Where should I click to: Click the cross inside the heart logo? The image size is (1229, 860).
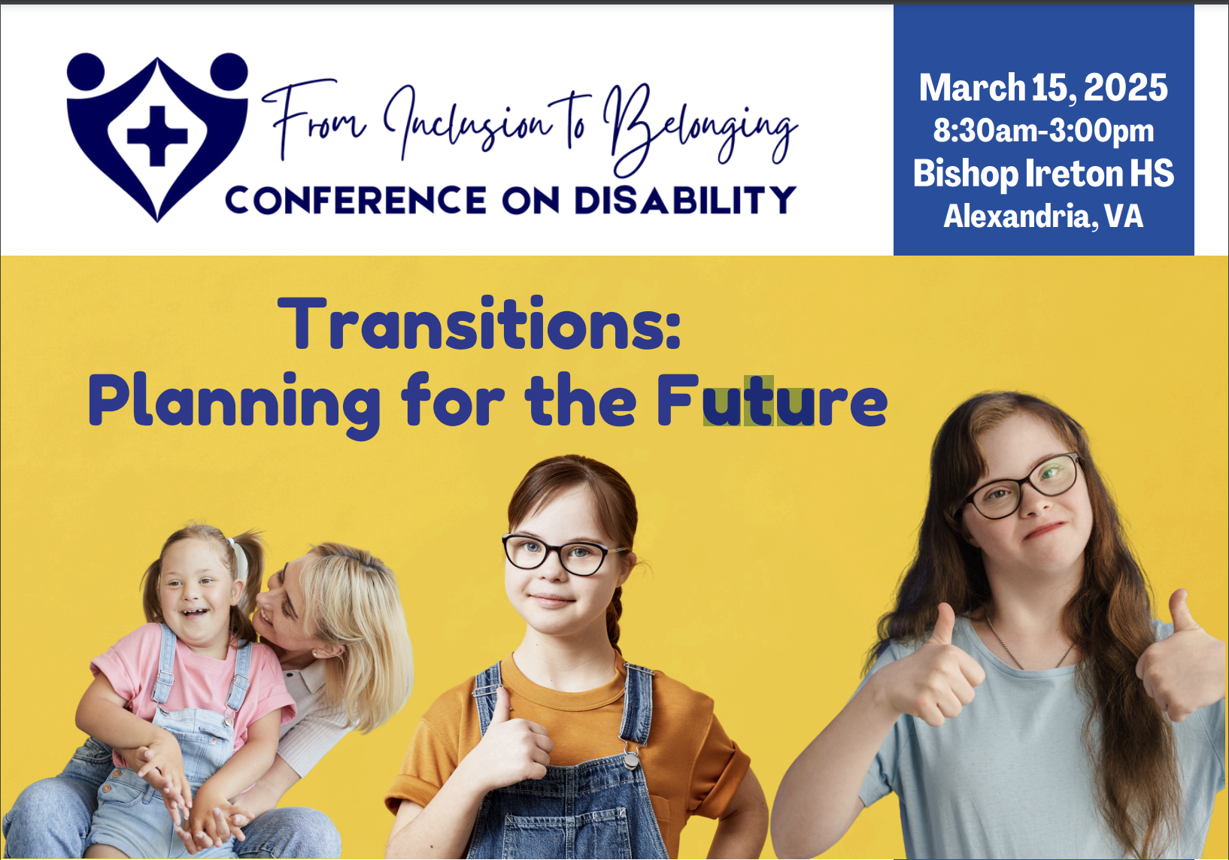pos(157,135)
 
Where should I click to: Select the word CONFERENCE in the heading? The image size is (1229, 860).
pos(356,200)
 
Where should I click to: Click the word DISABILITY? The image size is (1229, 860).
pos(685,200)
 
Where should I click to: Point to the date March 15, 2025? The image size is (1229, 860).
pos(1043,88)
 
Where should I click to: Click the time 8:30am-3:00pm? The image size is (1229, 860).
pos(1043,131)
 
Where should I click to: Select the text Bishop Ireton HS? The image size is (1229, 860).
pos(1043,174)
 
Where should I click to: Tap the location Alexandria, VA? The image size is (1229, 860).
pos(1043,216)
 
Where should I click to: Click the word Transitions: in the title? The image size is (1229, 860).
pos(480,322)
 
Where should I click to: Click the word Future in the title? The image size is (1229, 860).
pos(772,401)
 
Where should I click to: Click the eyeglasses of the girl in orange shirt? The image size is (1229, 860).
pos(564,554)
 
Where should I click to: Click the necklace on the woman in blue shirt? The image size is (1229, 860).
pos(1026,644)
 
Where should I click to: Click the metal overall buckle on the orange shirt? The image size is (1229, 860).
pos(631,759)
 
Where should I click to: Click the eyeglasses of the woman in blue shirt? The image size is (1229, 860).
pos(1021,486)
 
